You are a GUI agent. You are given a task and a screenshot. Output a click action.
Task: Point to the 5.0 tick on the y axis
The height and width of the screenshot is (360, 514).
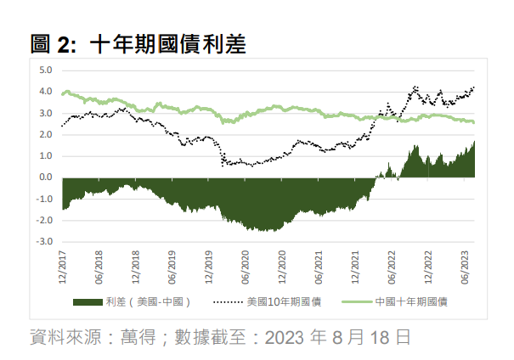pyautogui.click(x=46, y=70)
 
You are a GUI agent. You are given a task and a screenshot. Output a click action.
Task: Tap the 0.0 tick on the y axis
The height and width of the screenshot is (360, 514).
pyautogui.click(x=46, y=177)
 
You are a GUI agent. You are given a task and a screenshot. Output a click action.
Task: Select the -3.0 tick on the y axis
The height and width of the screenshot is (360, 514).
pyautogui.click(x=44, y=242)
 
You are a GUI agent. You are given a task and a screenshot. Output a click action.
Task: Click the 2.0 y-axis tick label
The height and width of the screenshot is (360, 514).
pyautogui.click(x=46, y=135)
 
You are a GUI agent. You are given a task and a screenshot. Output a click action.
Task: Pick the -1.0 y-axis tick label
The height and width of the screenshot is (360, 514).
pyautogui.click(x=44, y=199)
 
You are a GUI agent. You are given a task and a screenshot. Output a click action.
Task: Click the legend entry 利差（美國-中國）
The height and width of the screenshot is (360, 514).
pyautogui.click(x=148, y=301)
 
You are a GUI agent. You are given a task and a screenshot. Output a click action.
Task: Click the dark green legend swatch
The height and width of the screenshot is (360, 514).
pyautogui.click(x=89, y=301)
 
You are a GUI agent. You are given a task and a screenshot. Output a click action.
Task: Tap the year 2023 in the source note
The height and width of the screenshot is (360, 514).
pyautogui.click(x=285, y=337)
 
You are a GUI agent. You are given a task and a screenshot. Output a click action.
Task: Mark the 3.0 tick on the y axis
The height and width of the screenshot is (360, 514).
pyautogui.click(x=46, y=114)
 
